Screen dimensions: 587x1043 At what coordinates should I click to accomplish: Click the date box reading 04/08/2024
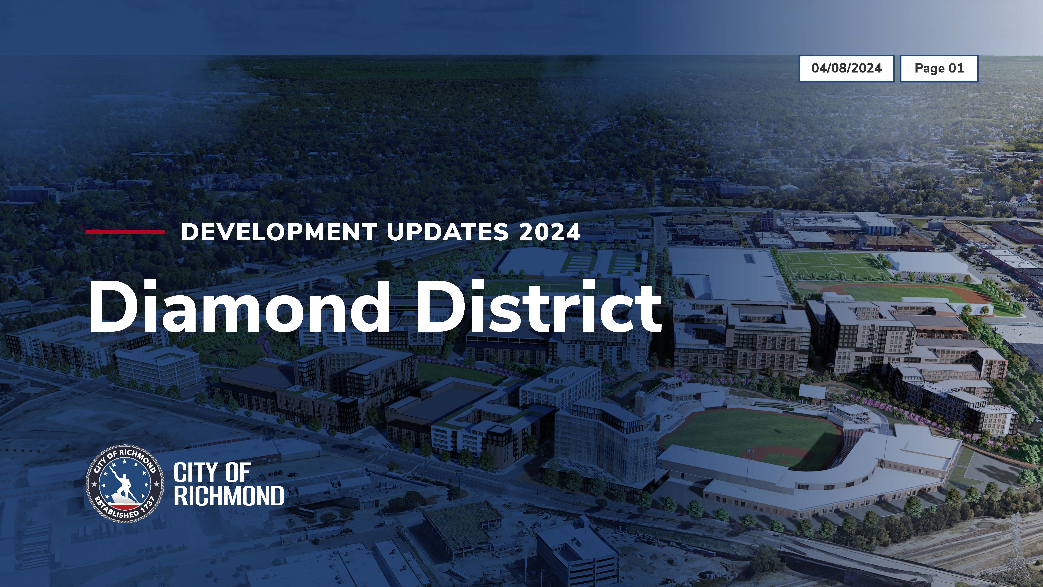[x=846, y=68]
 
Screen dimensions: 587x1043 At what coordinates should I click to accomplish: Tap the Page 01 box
[x=939, y=68]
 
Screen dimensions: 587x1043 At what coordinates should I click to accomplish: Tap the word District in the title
[x=538, y=307]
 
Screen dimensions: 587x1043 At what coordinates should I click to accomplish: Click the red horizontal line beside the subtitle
[x=125, y=232]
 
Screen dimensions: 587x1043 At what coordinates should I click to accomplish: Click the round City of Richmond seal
[x=125, y=484]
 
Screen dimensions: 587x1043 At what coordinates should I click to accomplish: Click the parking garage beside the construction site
[x=577, y=555]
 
